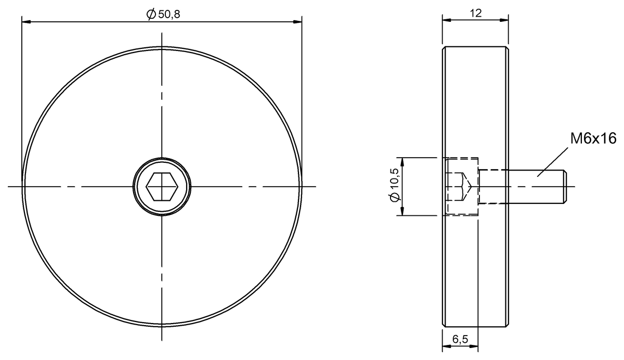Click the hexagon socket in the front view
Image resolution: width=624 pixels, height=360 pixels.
pyautogui.click(x=162, y=186)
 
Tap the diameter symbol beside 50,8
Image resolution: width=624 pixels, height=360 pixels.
pyautogui.click(x=150, y=15)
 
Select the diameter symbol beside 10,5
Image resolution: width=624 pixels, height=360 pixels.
pyautogui.click(x=395, y=197)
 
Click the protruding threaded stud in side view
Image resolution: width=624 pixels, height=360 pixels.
pyautogui.click(x=520, y=186)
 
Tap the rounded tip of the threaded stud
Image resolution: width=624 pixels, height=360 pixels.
pyautogui.click(x=564, y=186)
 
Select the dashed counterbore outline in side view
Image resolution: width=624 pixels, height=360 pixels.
pyautogui.click(x=462, y=159)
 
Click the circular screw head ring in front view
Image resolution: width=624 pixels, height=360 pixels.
pyautogui.click(x=162, y=162)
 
